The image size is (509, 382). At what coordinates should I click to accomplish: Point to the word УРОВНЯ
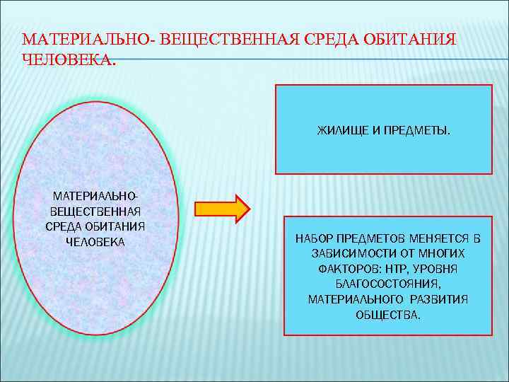[x=437, y=269]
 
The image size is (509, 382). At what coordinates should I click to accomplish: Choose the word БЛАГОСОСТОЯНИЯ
[x=387, y=284]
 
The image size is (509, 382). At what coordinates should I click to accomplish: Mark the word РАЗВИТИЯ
[x=443, y=299]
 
